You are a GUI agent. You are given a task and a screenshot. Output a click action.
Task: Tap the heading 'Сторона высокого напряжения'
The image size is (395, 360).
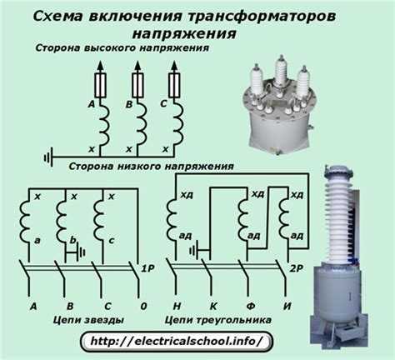click(122, 49)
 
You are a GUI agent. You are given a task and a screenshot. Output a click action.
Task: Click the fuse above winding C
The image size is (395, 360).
click(173, 84)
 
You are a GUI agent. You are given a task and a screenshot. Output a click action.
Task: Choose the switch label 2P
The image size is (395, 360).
click(295, 269)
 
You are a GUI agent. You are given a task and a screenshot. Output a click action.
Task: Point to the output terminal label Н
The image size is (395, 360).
click(176, 306)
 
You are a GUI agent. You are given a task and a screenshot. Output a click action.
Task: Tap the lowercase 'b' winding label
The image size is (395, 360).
click(72, 240)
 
